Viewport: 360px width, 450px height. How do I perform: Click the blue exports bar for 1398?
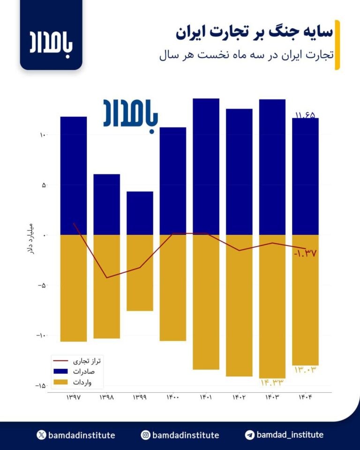[106, 204]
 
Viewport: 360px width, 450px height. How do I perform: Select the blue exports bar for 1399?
[140, 213]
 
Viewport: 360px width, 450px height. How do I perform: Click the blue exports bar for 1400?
[173, 181]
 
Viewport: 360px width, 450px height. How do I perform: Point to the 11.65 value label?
[305, 114]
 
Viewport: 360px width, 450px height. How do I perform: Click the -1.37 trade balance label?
[305, 253]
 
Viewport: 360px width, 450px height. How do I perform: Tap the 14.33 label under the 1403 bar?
[272, 382]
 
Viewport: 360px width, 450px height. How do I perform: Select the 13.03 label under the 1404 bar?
[306, 370]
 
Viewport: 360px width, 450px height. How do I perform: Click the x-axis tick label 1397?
[74, 397]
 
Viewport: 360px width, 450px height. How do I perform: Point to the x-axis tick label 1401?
[206, 397]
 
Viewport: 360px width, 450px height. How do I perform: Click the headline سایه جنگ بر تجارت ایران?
[255, 32]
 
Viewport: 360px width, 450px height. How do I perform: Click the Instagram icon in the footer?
[146, 435]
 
